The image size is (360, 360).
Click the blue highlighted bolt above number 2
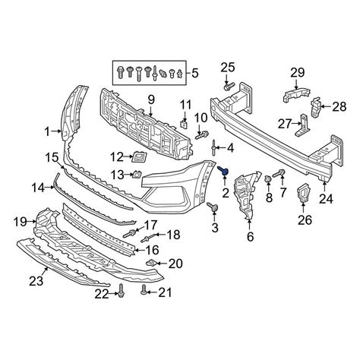click(x=223, y=171)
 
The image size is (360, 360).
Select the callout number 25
click(x=228, y=68)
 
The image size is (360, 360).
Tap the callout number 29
click(x=298, y=73)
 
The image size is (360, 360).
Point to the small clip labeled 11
click(x=184, y=125)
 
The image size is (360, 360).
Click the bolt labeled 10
click(x=202, y=134)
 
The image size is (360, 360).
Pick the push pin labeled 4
click(x=214, y=148)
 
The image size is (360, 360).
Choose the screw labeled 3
click(x=213, y=207)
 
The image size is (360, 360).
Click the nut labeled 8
click(x=268, y=179)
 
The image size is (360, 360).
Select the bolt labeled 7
click(x=279, y=174)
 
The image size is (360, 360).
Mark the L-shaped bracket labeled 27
click(x=303, y=126)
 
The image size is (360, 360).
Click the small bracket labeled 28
click(x=316, y=108)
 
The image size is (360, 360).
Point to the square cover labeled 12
click(x=138, y=158)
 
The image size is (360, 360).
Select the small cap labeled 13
click(x=137, y=175)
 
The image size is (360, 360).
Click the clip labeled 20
click(x=152, y=263)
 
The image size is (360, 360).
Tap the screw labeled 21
click(x=144, y=290)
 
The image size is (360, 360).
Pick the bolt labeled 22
click(x=122, y=291)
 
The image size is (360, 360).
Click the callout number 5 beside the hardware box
click(x=194, y=73)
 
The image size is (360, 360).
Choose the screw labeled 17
click(x=130, y=233)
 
